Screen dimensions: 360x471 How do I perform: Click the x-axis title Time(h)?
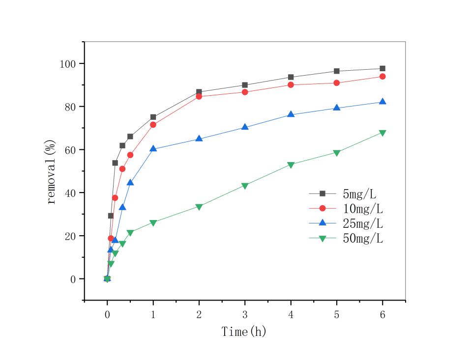[x=244, y=332]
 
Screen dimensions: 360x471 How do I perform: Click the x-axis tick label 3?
[x=245, y=315]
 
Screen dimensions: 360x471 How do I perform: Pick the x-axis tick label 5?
[x=337, y=315]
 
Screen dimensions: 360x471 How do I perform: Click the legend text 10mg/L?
[x=363, y=209]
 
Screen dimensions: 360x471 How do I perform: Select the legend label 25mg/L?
[x=363, y=223]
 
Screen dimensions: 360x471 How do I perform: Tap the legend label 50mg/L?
[x=363, y=239]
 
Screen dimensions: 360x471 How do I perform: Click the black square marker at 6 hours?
[x=383, y=69]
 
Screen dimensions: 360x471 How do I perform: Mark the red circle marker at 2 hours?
[x=199, y=96]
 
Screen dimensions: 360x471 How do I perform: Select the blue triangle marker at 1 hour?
[x=153, y=148]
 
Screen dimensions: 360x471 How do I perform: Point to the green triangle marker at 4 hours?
[x=291, y=165]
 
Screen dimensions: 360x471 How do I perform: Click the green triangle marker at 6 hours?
[x=383, y=133]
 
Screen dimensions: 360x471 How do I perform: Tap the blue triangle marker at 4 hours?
[x=291, y=114]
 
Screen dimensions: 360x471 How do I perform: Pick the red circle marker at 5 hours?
[x=337, y=83]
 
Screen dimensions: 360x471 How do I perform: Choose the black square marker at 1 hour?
[x=153, y=117]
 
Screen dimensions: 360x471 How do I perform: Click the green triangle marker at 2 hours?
[x=199, y=207]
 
